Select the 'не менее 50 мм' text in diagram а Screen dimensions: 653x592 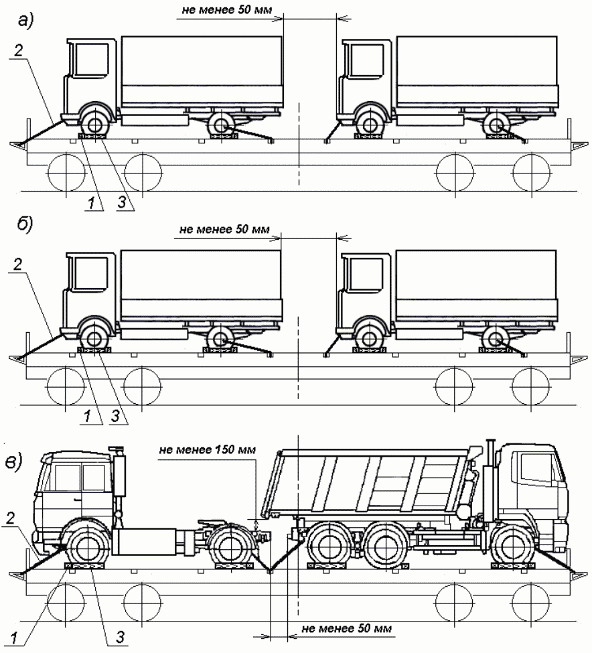click(x=220, y=11)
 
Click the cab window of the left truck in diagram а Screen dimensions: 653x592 click(x=86, y=60)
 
